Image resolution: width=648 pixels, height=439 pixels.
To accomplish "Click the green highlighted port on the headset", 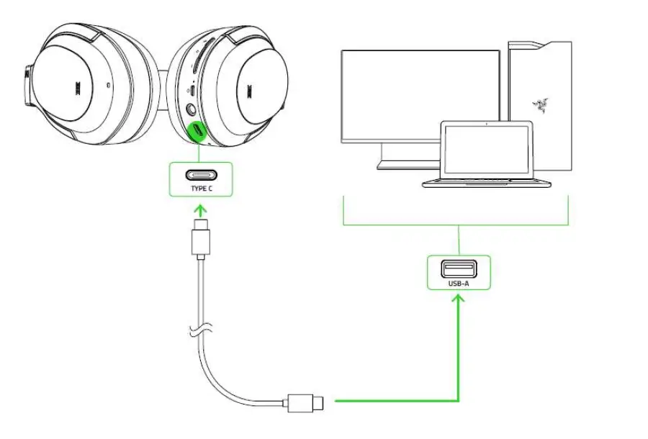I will click(197, 131).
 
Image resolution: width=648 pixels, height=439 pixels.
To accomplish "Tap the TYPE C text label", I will click(201, 189).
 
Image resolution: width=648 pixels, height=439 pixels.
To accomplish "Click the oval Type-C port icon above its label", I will click(201, 174).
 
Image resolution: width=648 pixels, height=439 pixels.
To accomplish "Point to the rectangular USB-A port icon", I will click(459, 269).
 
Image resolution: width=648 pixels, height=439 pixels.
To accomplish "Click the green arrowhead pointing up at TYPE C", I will click(201, 209).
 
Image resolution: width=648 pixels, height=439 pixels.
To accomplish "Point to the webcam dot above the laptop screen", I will click(487, 125).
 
